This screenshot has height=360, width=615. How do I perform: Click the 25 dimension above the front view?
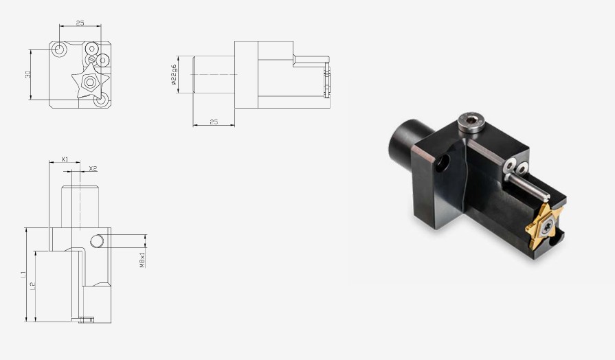[80, 23]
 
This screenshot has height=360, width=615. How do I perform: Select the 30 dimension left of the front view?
[28, 74]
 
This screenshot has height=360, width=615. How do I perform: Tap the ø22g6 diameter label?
[174, 74]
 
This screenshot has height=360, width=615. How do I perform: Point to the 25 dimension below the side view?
[214, 122]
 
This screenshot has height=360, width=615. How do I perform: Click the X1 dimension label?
[65, 159]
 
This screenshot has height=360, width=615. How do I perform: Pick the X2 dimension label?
[93, 168]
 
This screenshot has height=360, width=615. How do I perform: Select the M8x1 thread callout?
[142, 260]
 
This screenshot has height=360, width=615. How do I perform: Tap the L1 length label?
[23, 275]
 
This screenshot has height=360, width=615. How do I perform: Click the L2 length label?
[33, 286]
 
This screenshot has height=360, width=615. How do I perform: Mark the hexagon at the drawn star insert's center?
[90, 82]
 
